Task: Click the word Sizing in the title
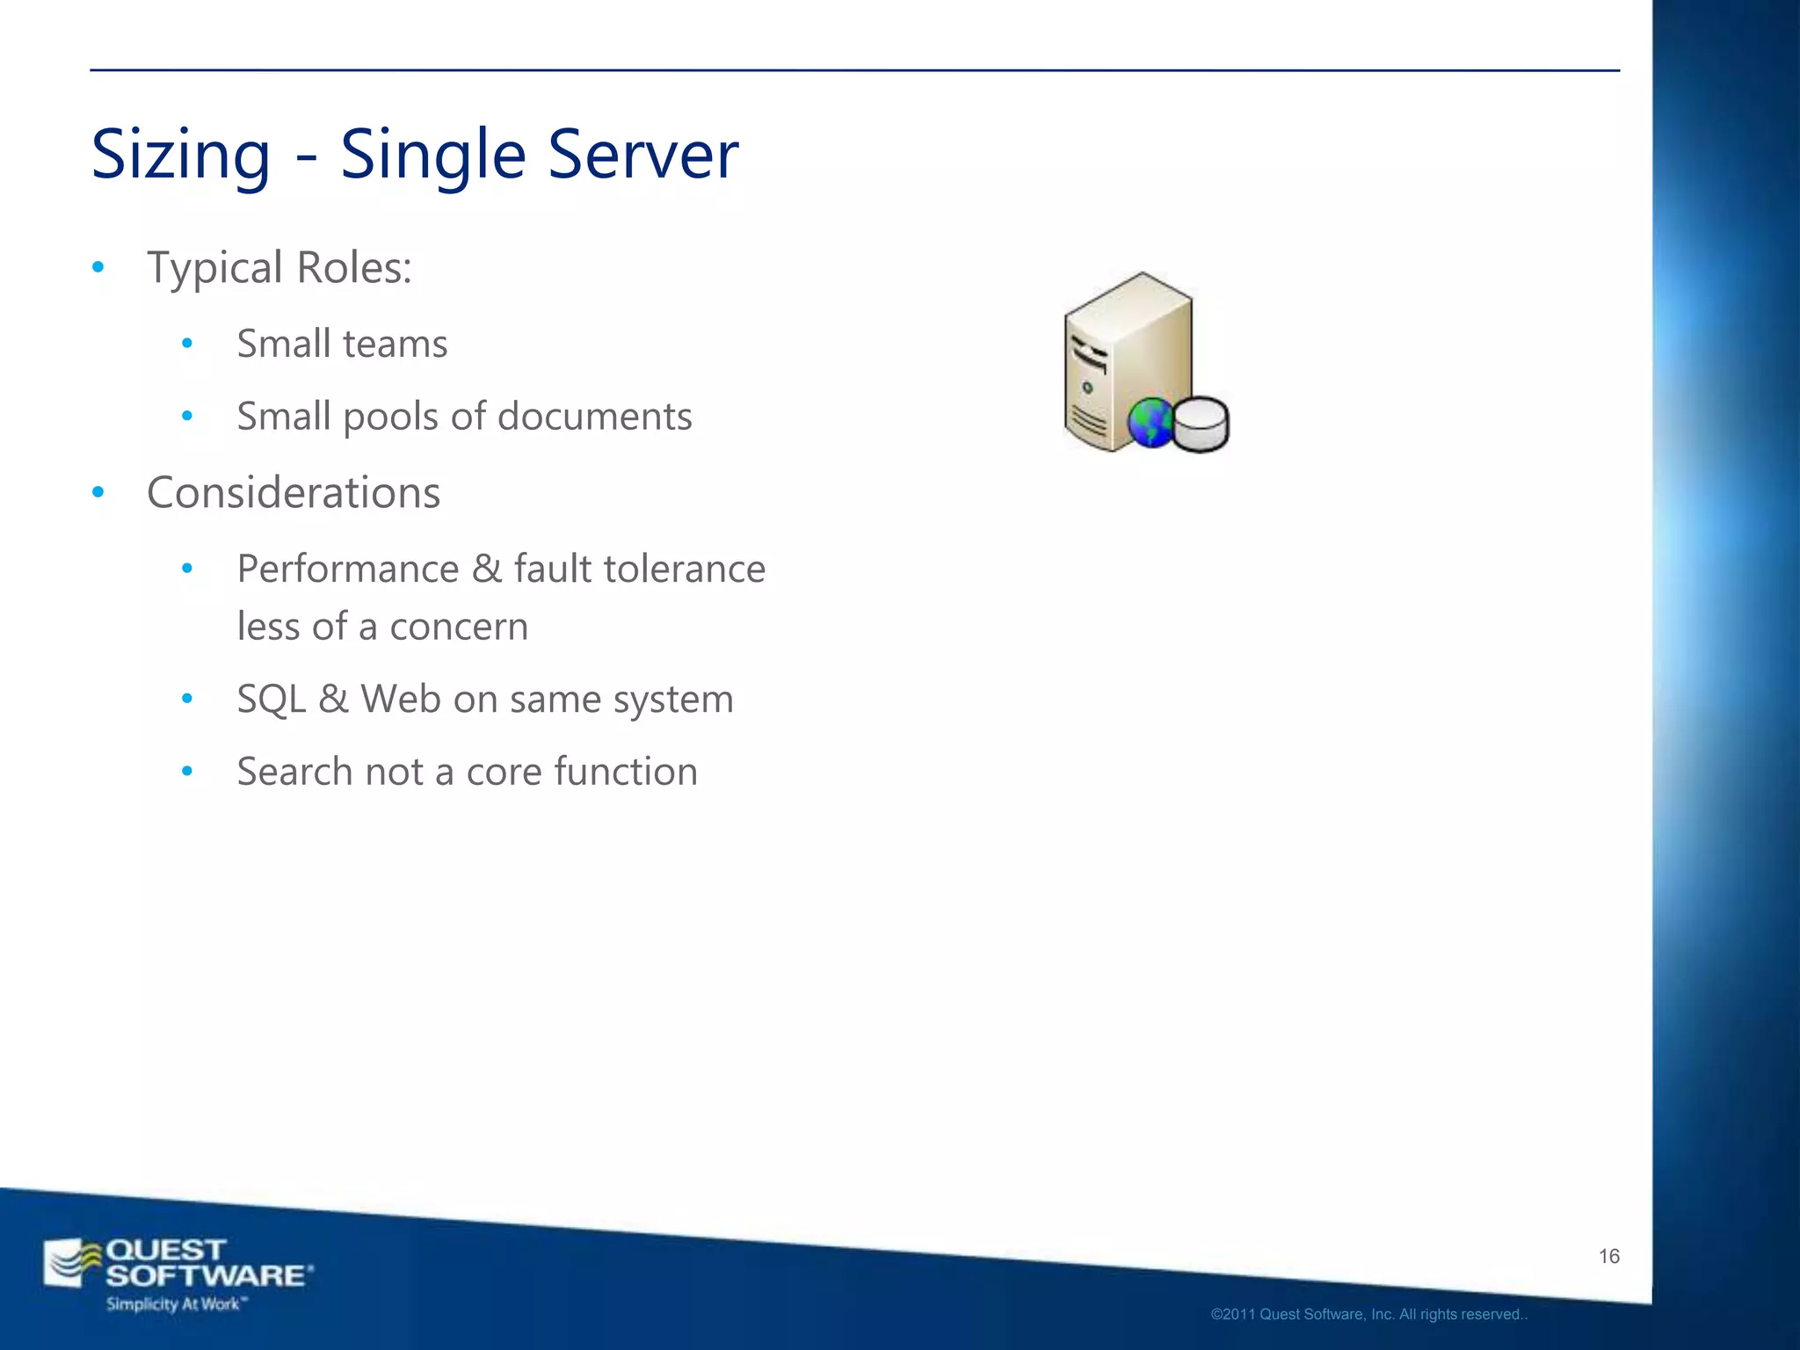coord(181,156)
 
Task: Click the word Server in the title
coord(643,154)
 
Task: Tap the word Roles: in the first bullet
coord(354,267)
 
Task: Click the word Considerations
coord(294,492)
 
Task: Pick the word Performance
coord(348,569)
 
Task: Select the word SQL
coord(272,700)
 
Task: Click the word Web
coord(401,700)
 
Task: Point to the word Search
coord(295,772)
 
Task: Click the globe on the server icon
coord(1150,424)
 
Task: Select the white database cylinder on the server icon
coord(1201,424)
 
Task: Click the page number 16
coord(1608,1256)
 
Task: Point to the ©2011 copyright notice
coord(1368,1315)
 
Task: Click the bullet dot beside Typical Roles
coord(98,267)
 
